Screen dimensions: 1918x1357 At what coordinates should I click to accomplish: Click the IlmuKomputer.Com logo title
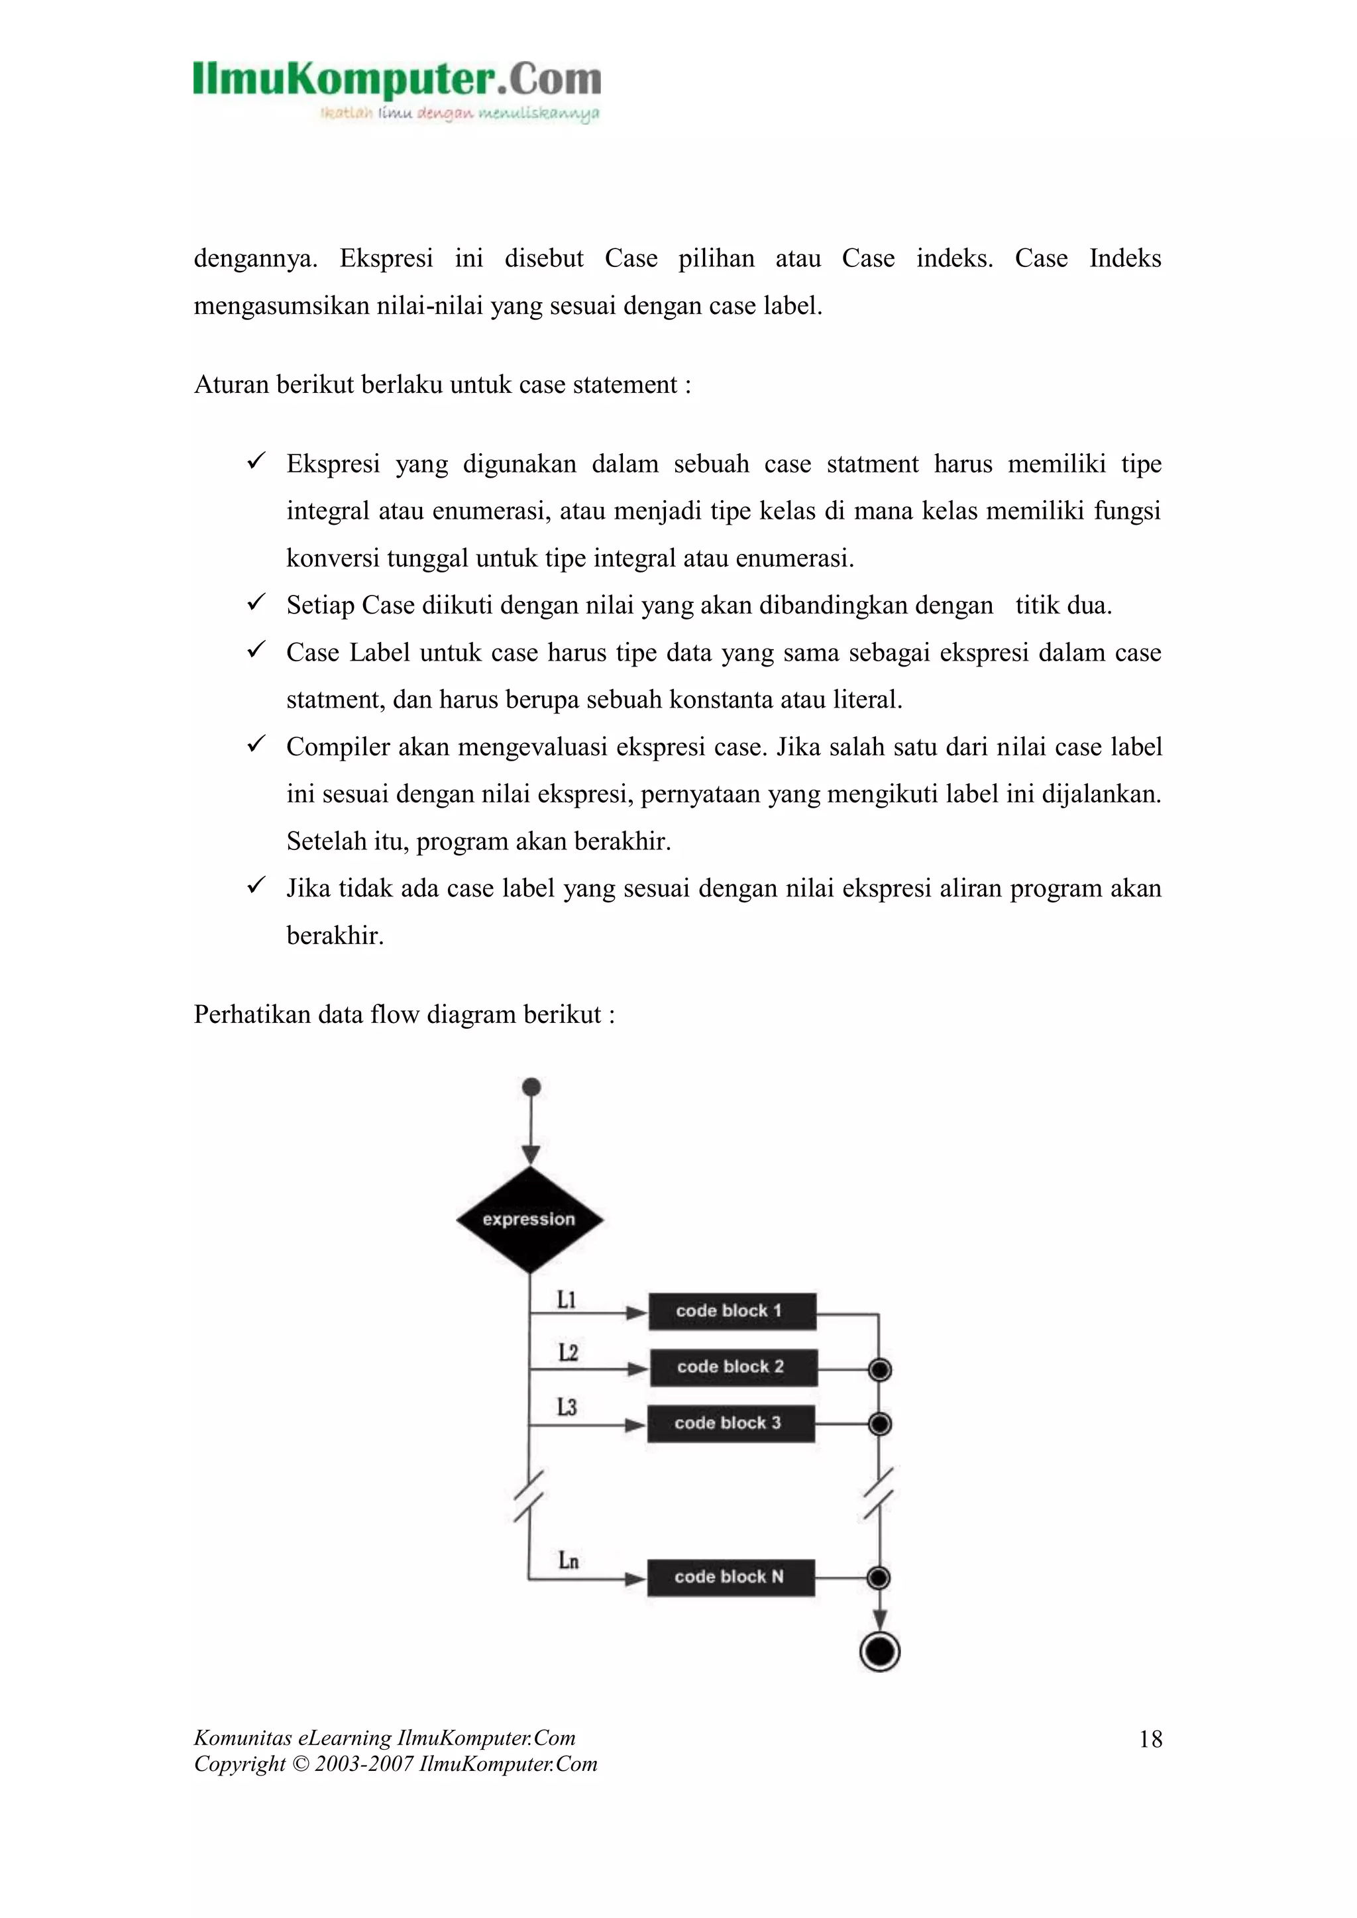[397, 80]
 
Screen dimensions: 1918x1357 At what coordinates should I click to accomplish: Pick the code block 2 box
[733, 1367]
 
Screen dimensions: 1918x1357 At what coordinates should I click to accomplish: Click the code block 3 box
[731, 1422]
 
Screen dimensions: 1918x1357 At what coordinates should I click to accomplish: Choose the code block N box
[731, 1576]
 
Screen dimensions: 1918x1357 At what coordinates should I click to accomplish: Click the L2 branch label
[567, 1352]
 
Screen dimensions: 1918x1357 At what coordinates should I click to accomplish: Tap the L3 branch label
[567, 1408]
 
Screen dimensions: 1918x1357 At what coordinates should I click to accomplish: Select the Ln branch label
[569, 1560]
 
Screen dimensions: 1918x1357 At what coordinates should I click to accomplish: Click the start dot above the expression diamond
[531, 1087]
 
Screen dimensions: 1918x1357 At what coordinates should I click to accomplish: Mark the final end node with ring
[879, 1652]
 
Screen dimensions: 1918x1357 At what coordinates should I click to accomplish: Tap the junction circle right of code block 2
[880, 1369]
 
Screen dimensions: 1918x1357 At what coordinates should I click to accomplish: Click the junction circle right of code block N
[879, 1577]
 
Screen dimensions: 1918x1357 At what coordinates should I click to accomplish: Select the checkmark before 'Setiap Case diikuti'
[256, 602]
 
